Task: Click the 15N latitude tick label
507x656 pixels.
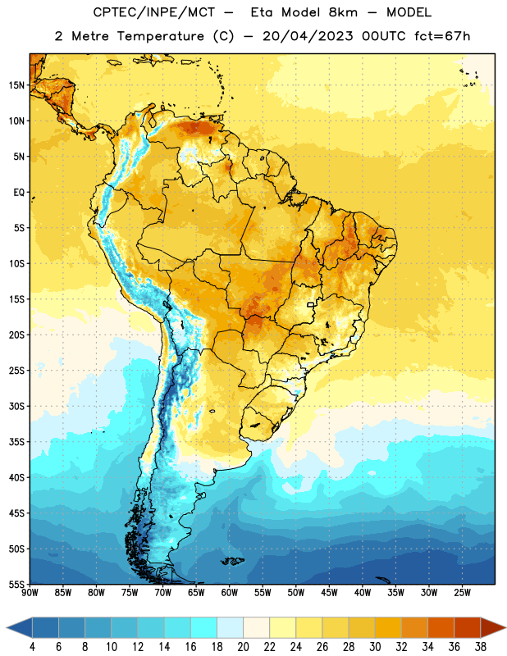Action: [16, 85]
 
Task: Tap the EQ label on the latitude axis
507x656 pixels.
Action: [19, 193]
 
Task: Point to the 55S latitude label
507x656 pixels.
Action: [16, 585]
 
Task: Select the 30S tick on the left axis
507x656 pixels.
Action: [16, 406]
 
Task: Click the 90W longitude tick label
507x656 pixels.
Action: [30, 592]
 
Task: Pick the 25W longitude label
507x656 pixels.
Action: [462, 592]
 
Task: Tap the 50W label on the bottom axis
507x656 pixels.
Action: [295, 592]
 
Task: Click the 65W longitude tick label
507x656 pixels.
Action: [196, 592]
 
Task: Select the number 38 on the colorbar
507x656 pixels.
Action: [480, 647]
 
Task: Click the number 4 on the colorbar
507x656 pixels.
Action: [32, 647]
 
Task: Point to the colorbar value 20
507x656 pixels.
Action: [243, 647]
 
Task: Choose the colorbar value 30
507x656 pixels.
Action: [375, 647]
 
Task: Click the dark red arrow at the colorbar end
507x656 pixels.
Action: [492, 627]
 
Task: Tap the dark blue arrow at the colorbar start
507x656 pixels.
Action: [20, 627]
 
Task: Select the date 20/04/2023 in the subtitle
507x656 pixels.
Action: [308, 36]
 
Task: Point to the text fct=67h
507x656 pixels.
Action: [442, 36]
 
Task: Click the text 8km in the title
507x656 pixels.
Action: [343, 12]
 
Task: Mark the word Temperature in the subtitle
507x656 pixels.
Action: [160, 36]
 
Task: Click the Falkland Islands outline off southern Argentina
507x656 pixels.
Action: [233, 561]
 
